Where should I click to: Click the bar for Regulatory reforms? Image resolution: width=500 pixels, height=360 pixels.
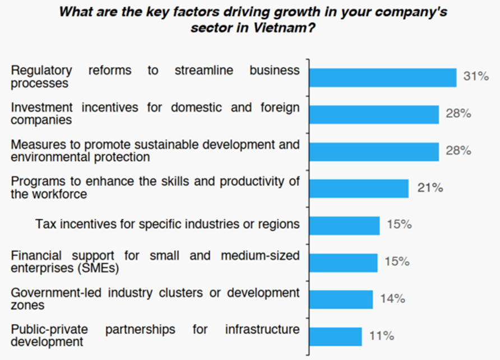383,77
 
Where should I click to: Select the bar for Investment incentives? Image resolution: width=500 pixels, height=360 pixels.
374,114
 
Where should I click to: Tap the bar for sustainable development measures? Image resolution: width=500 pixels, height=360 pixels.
374,151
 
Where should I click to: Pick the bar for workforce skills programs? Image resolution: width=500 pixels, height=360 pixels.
359,188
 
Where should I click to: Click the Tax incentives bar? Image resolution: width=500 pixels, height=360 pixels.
344,225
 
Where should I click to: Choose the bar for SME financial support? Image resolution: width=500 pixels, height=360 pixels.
343,262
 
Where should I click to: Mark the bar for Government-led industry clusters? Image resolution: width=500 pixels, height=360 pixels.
341,299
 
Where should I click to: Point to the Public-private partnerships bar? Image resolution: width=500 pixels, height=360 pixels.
335,336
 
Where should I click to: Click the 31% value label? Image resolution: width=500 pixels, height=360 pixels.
476,76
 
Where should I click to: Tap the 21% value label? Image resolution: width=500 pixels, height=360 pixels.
430,188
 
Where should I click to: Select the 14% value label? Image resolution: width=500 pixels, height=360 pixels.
392,298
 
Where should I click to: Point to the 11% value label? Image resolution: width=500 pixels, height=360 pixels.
382,336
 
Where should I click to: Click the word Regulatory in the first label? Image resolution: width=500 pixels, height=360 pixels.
41,71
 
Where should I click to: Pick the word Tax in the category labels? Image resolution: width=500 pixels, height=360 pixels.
45,224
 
